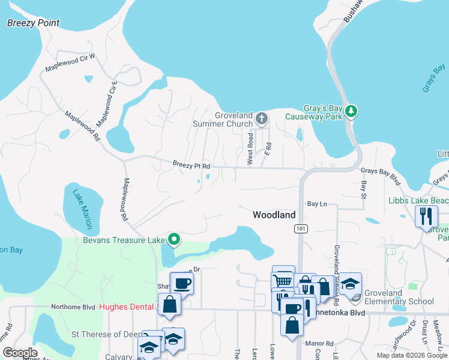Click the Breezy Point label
point(33,23)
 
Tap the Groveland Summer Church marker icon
point(261,118)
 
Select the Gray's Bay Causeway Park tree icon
point(351,111)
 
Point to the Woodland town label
point(274,214)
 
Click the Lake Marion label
point(83,209)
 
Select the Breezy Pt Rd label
point(191,165)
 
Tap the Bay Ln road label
point(316,204)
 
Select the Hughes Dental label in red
point(127,307)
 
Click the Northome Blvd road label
point(73,307)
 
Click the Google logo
point(20,353)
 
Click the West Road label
point(250,149)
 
